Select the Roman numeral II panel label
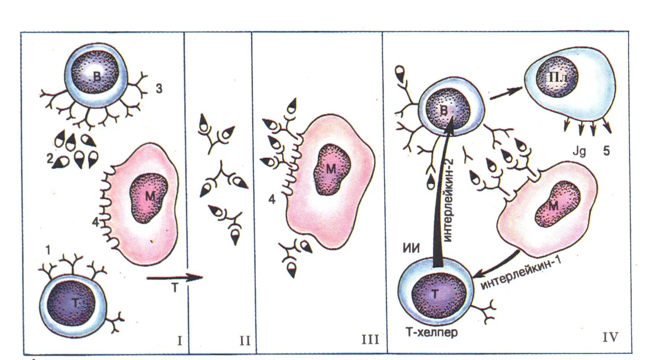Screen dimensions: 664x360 [x=245, y=340]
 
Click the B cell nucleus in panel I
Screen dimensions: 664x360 [x=98, y=76]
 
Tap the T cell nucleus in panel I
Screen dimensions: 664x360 [x=72, y=304]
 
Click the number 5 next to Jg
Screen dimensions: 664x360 [x=606, y=150]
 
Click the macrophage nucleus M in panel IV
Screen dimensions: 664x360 [x=555, y=205]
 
